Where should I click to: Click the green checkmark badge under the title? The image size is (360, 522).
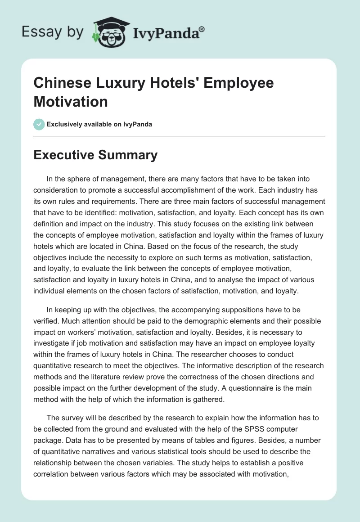(39, 124)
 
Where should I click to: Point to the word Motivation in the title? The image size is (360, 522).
(71, 101)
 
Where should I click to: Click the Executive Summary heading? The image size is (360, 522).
(96, 155)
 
